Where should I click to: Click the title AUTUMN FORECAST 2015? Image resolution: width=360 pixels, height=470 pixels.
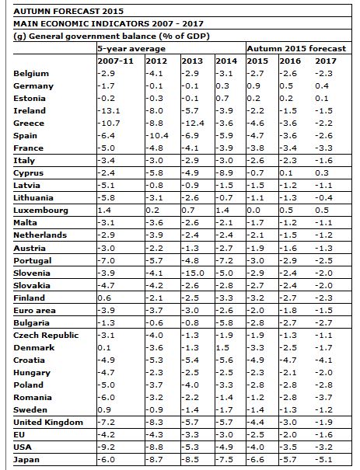[x=68, y=12]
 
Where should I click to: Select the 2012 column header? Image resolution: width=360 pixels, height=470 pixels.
[x=156, y=61]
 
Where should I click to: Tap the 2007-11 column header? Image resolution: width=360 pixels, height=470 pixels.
[x=116, y=61]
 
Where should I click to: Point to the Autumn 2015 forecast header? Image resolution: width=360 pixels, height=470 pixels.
[x=296, y=49]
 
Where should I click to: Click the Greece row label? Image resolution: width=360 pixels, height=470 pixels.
[x=29, y=124]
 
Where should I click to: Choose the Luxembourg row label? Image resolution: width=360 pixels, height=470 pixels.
[x=40, y=211]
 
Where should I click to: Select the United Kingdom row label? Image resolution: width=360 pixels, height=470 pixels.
[x=48, y=423]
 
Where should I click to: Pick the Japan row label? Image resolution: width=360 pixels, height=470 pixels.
[x=26, y=460]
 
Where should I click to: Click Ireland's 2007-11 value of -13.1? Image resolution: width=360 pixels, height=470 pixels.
[x=109, y=111]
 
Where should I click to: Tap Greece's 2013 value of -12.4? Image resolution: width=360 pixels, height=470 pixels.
[x=193, y=124]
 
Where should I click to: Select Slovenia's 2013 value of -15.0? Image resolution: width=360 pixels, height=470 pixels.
[x=193, y=273]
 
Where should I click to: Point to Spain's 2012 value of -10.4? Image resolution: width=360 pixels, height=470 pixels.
[x=157, y=136]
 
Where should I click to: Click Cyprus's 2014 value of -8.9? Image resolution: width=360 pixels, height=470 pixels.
[x=225, y=173]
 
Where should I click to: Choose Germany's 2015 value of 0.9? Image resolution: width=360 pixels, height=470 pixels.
[x=253, y=86]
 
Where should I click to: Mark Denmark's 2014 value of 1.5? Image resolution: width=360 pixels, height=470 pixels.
[x=222, y=348]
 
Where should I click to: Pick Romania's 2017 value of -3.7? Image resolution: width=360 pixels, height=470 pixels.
[x=323, y=398]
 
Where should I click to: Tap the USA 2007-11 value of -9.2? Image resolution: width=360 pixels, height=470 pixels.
[x=107, y=447]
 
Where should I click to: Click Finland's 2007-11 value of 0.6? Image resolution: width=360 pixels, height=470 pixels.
[x=104, y=298]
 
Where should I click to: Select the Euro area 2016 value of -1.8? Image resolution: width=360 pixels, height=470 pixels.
[x=288, y=311]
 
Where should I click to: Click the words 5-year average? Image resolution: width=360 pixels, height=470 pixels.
[x=131, y=49]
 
